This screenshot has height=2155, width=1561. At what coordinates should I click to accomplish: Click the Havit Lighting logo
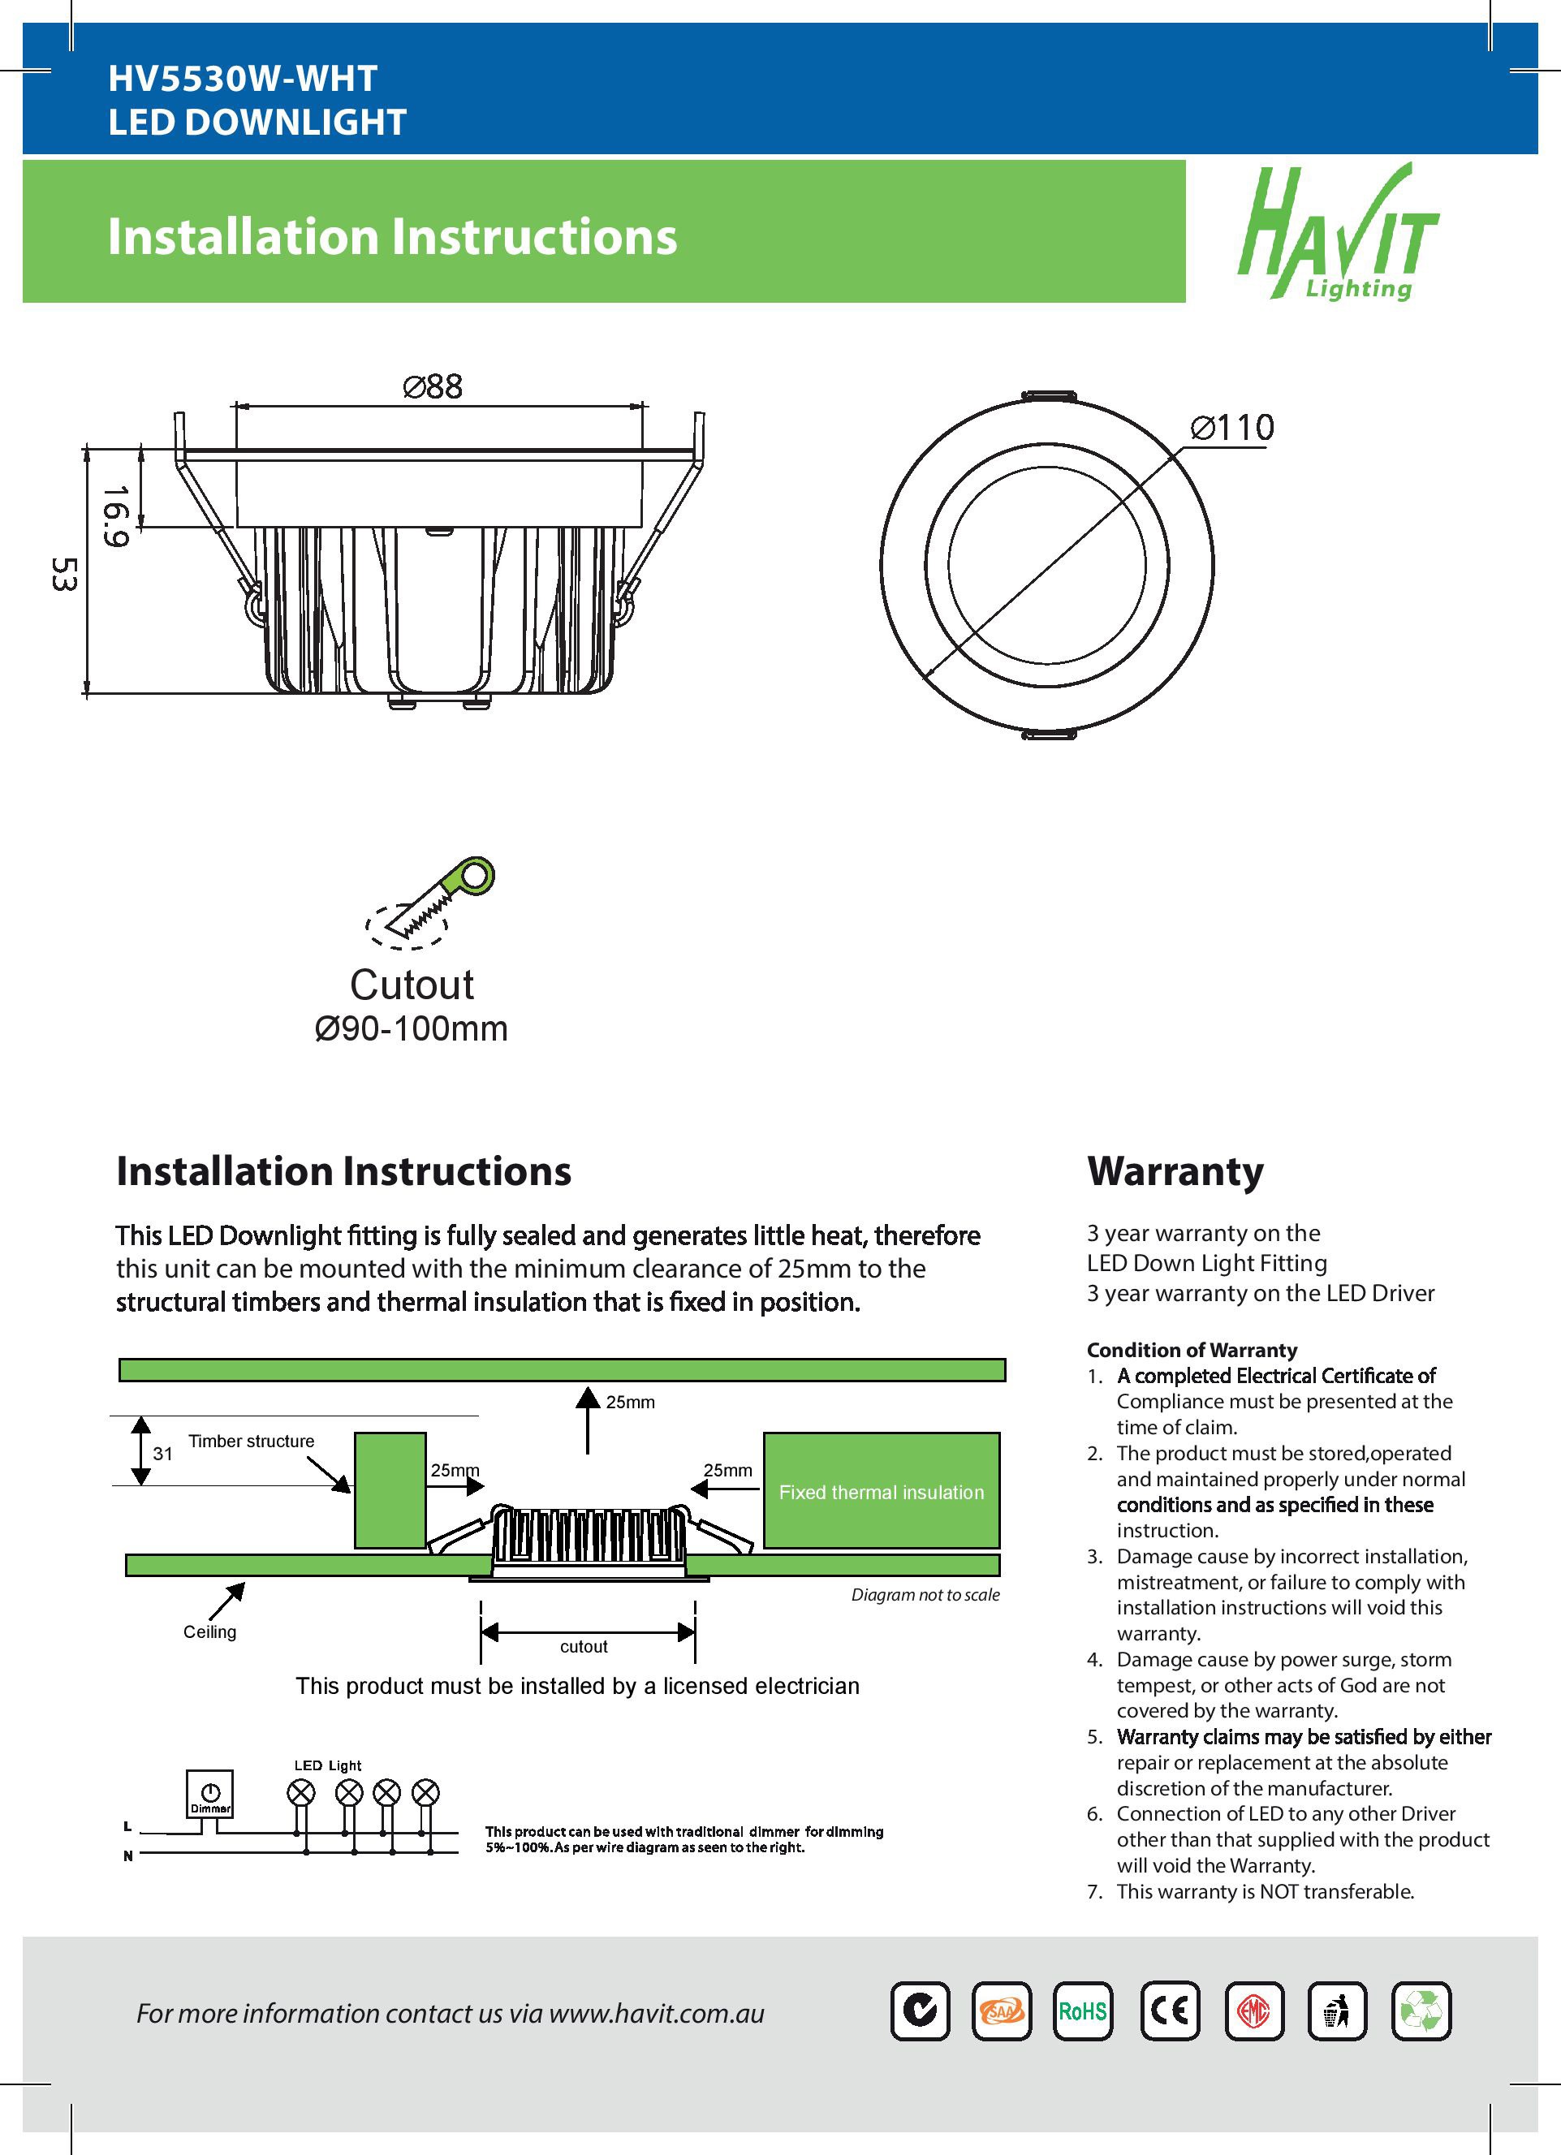1338,234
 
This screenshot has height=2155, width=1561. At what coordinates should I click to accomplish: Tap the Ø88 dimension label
433,386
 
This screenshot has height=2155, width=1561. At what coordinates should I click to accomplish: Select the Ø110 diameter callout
1232,428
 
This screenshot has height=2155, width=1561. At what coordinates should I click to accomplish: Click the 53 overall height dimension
63,574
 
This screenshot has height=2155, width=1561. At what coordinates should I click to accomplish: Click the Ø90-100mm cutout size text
411,1029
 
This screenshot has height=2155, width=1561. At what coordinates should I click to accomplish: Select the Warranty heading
1175,1170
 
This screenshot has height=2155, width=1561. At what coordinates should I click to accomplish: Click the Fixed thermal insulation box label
881,1493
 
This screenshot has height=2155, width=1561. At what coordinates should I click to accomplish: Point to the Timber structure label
251,1442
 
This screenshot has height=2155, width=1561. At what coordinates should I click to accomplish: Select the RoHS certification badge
1082,2011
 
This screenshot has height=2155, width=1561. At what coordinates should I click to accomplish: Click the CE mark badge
1170,2011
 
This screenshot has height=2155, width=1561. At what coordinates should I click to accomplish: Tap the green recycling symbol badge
1421,2011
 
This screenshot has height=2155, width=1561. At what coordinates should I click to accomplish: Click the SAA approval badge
1002,2011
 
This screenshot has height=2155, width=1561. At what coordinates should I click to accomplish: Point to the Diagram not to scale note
925,1595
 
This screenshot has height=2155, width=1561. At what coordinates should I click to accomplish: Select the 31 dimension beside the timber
163,1454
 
